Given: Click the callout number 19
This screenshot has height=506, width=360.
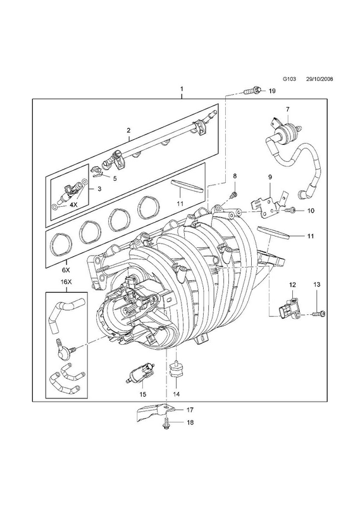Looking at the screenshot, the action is pos(272,91).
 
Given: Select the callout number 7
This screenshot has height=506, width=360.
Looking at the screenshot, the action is pos(287,109).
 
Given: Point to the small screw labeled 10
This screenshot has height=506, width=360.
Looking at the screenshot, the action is pos(290,210).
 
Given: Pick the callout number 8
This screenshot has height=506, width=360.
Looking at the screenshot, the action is pos(235,176).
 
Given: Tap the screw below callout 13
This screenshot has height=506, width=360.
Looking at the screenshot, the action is pos(320,313).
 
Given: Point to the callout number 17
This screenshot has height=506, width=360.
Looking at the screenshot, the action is pos(190,410).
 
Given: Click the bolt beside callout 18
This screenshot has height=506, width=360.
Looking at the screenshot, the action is pos(166,422).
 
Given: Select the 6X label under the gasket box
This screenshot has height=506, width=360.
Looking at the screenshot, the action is pos(66,269).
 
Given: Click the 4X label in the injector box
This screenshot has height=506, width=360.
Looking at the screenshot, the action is pos(74,204).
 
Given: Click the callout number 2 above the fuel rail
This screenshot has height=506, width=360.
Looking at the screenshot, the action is pos(128,130).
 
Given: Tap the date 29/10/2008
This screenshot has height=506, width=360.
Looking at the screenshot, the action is pos(320,78).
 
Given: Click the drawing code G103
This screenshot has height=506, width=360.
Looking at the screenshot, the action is pos(289,78).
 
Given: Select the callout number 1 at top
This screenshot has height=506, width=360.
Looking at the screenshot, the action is pos(182,89).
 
